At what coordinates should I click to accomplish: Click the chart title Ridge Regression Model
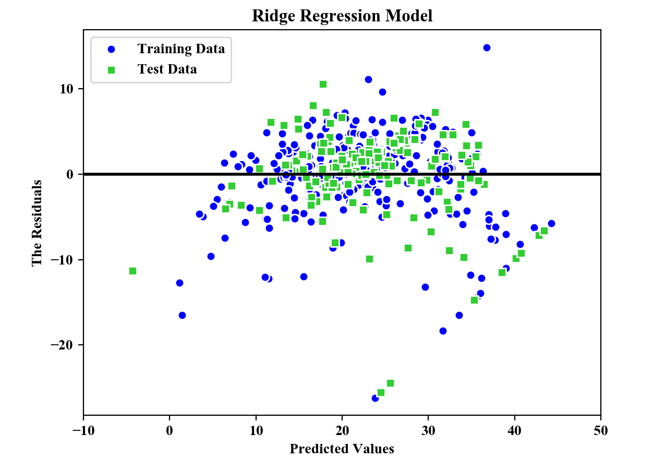342,16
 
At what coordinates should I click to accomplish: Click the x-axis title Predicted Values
342,449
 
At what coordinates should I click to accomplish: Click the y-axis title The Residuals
37,223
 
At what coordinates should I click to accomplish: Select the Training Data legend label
181,49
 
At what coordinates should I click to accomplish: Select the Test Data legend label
167,69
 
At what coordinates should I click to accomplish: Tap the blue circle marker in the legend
111,50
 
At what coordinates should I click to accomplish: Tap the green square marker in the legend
111,69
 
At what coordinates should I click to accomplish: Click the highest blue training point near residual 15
487,47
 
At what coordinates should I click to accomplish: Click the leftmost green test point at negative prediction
132,271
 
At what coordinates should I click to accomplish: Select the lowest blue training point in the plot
375,398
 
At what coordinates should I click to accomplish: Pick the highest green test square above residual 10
323,84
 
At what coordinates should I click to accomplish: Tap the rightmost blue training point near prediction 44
551,223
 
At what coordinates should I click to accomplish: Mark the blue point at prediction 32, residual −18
443,331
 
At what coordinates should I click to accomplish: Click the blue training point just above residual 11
368,79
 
